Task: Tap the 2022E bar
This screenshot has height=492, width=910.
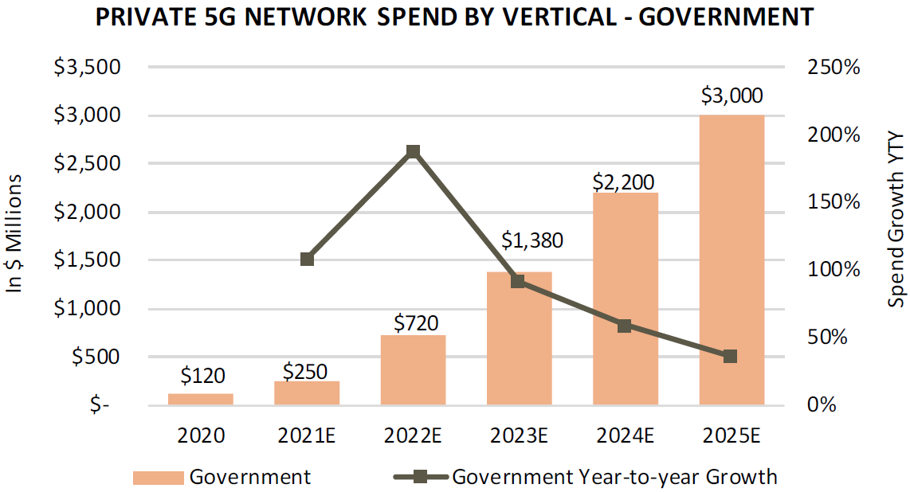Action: point(413,370)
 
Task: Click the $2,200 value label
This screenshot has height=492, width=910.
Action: point(626,181)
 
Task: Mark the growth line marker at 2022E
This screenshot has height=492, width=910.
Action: point(413,151)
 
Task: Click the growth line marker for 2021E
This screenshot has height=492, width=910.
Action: point(307,259)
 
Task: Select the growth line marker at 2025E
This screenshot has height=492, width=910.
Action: point(731,356)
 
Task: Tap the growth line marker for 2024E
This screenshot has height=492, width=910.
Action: point(625,326)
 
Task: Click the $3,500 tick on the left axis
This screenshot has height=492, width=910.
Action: point(87,67)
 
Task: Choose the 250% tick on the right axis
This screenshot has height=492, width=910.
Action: point(834,67)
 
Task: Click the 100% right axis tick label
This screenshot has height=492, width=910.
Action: point(834,269)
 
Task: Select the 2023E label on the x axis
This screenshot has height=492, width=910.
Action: point(519,435)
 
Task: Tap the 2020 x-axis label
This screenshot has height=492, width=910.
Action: point(201,435)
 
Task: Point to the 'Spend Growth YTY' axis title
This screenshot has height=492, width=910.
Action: point(897,220)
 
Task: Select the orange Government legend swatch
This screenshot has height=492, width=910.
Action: point(159,478)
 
